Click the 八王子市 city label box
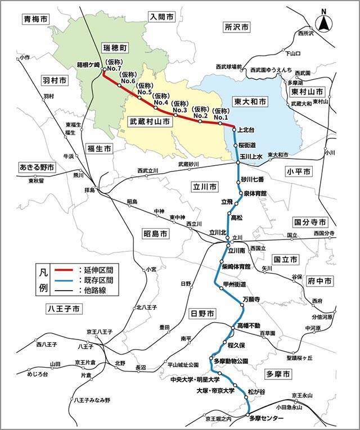pyautogui.click(x=64, y=309)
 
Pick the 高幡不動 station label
pyautogui.click(x=249, y=325)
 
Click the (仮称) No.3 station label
pyautogui.click(x=180, y=107)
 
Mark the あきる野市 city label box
pyautogui.click(x=36, y=168)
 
